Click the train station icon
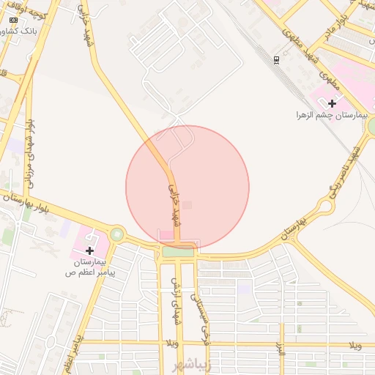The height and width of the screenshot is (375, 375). click(x=276, y=59)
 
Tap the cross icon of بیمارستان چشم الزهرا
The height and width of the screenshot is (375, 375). click(x=333, y=103)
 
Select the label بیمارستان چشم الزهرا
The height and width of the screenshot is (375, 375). click(x=320, y=115)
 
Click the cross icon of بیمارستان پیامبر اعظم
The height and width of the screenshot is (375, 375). click(x=90, y=250)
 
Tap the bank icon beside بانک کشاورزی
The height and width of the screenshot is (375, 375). click(x=6, y=31)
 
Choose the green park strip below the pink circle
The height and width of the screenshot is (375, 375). click(x=178, y=252)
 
